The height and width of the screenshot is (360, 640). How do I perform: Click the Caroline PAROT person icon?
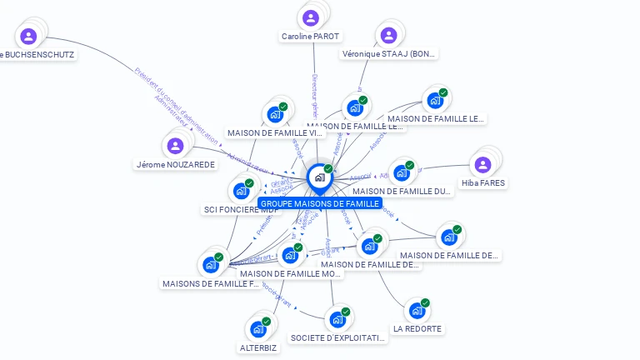point(311,17)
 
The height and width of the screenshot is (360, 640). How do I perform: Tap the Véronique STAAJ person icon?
point(387,35)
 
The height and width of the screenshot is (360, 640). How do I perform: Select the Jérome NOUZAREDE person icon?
point(175,146)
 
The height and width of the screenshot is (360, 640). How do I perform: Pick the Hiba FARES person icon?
point(482,164)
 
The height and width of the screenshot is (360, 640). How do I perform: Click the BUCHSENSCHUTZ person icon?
point(28,36)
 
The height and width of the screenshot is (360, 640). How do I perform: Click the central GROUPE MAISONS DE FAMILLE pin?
point(319,177)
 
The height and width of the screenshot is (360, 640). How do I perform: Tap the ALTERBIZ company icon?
point(258,329)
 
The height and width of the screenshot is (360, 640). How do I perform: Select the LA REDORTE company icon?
point(417,311)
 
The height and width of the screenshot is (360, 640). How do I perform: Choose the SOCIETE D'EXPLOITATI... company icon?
point(337,319)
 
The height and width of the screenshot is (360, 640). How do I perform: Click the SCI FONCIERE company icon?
point(241,191)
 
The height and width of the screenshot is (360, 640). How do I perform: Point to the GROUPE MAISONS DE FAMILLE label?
point(320,203)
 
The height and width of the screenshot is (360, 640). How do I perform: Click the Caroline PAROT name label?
point(311,37)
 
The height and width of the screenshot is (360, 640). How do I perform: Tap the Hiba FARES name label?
point(483,182)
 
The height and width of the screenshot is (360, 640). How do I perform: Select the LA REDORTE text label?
point(417,329)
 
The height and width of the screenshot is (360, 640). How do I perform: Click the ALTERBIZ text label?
point(258,347)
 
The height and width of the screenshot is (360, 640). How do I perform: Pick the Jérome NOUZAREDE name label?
point(175,165)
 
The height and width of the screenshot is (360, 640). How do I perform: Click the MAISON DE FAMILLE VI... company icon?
point(275,115)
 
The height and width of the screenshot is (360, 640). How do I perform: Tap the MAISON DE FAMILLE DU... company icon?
point(402,173)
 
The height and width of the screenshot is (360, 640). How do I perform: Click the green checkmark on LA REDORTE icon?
point(425,302)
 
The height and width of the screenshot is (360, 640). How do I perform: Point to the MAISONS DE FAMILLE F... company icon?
point(211,265)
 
